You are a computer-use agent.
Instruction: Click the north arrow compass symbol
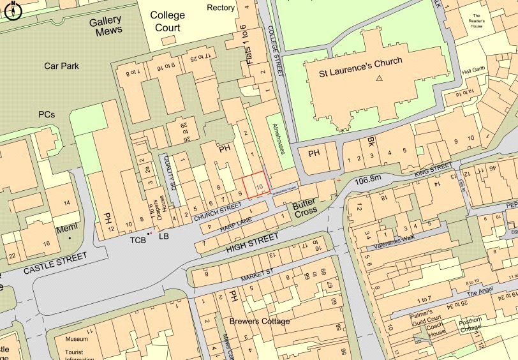[x=13, y=9]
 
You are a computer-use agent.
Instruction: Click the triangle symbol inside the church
[x=380, y=79]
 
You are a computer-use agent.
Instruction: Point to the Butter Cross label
[x=305, y=207]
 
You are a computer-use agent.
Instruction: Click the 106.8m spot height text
[x=367, y=181]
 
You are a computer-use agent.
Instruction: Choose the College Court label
[x=167, y=21]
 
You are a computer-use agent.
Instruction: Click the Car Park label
[x=61, y=66]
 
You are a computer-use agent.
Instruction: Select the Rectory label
[x=221, y=8]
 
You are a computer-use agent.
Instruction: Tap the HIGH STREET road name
[x=253, y=243]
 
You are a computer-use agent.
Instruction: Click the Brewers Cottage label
[x=260, y=321]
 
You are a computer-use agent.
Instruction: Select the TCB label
[x=138, y=240]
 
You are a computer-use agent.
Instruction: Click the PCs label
[x=47, y=115]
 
